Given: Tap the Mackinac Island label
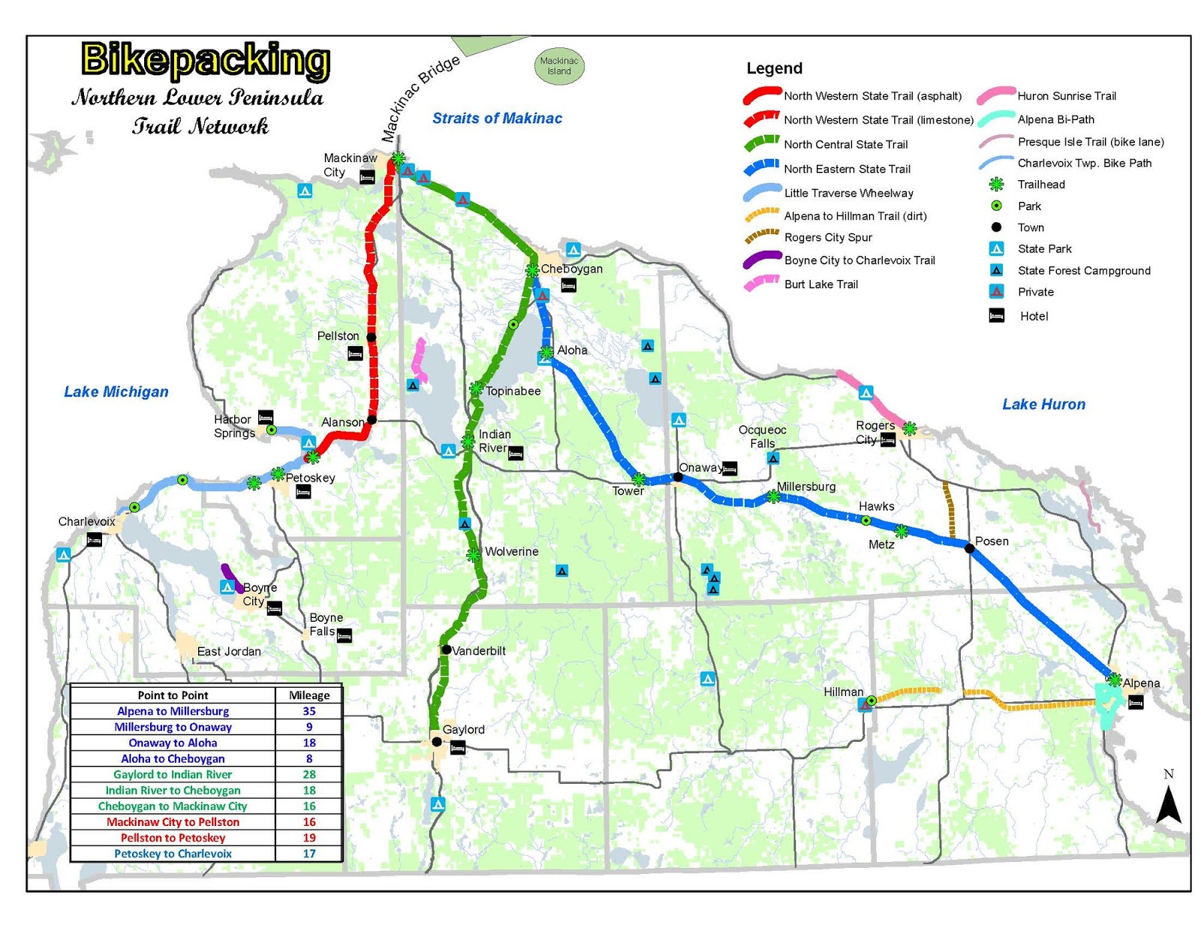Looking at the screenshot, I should [559, 66].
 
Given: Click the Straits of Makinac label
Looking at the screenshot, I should [497, 118].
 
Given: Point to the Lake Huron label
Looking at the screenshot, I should [1043, 404].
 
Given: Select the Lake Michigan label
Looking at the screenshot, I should [116, 391].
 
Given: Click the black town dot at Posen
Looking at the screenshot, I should [969, 548].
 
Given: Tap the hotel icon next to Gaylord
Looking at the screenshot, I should [457, 747].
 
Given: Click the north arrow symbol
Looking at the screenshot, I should [1168, 805].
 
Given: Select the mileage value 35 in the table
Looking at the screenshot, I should [309, 711].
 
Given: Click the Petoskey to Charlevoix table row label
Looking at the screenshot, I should [173, 854].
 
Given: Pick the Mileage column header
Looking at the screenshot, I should [309, 695].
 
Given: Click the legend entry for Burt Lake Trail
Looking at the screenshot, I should [820, 284].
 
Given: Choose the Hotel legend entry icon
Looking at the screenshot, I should [997, 316].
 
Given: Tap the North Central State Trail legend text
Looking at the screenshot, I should [846, 144].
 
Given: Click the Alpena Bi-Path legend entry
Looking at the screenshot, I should [1055, 119].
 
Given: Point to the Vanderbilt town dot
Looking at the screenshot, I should [446, 649].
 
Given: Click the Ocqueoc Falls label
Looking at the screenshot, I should [762, 436].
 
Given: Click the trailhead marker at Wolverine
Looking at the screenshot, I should [474, 555].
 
